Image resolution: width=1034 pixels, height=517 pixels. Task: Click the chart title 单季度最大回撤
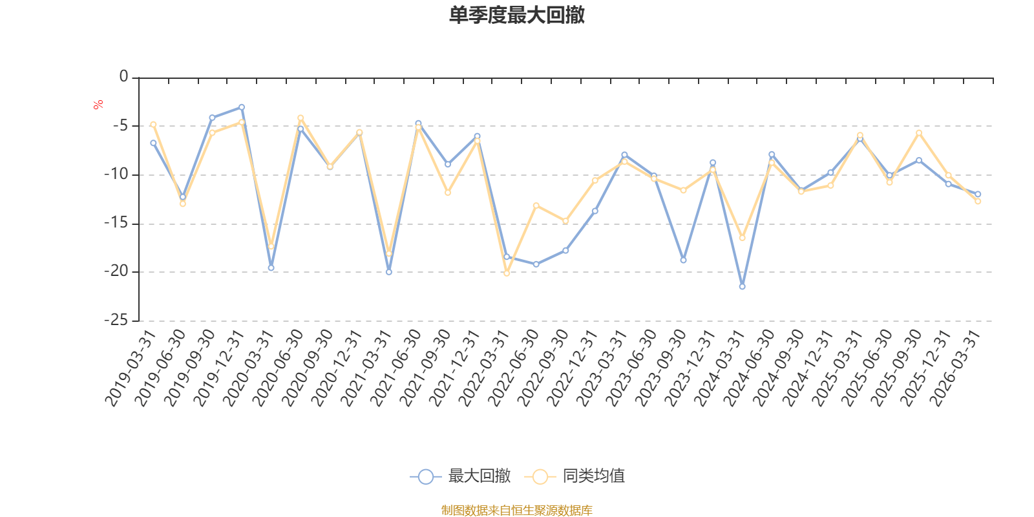pyautogui.click(x=516, y=16)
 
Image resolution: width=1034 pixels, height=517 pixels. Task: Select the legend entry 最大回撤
pyautogui.click(x=460, y=476)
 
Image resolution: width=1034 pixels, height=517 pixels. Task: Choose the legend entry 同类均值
pyautogui.click(x=575, y=476)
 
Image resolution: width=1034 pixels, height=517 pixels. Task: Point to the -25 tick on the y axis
pyautogui.click(x=116, y=321)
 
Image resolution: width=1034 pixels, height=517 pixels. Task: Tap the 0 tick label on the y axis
pyautogui.click(x=123, y=77)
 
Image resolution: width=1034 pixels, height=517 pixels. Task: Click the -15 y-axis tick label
pyautogui.click(x=116, y=224)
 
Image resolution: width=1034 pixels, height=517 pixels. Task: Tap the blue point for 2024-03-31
pyautogui.click(x=742, y=286)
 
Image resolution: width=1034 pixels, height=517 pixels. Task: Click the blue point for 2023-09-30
pyautogui.click(x=683, y=260)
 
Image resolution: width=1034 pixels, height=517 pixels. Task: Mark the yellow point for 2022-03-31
pyautogui.click(x=507, y=273)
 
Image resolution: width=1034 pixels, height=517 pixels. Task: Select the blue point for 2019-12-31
pyautogui.click(x=242, y=107)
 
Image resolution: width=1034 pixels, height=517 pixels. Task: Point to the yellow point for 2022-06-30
pyautogui.click(x=536, y=205)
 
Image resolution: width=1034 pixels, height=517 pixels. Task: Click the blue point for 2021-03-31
pyautogui.click(x=388, y=272)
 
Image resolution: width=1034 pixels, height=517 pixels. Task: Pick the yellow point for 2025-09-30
pyautogui.click(x=919, y=132)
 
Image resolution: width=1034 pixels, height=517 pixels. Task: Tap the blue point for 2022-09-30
pyautogui.click(x=565, y=250)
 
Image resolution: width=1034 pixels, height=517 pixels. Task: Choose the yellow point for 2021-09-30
pyautogui.click(x=448, y=193)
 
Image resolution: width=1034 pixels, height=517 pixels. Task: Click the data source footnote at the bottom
pyautogui.click(x=516, y=511)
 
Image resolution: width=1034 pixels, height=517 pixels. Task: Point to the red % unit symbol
pyautogui.click(x=98, y=105)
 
